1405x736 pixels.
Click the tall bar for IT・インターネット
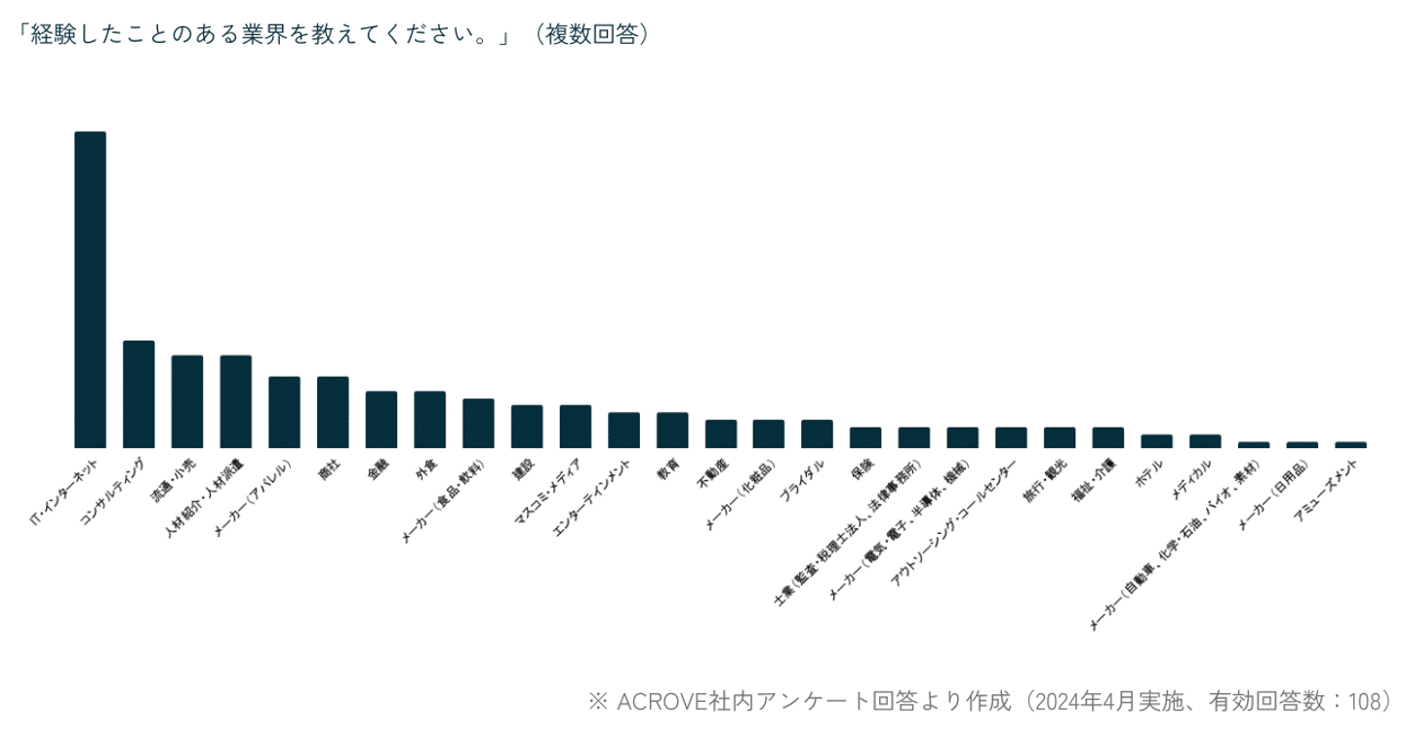click(x=90, y=289)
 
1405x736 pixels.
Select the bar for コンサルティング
click(x=139, y=393)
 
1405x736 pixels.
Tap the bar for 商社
click(x=333, y=411)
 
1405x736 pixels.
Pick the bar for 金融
click(x=381, y=419)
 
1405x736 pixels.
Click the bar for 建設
click(x=527, y=426)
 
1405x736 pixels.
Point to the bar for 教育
click(x=672, y=429)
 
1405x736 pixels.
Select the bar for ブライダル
click(x=817, y=433)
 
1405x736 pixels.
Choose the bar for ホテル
click(x=1156, y=440)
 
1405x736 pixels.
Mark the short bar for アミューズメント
click(x=1350, y=444)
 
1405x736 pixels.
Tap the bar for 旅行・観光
click(x=1060, y=436)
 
